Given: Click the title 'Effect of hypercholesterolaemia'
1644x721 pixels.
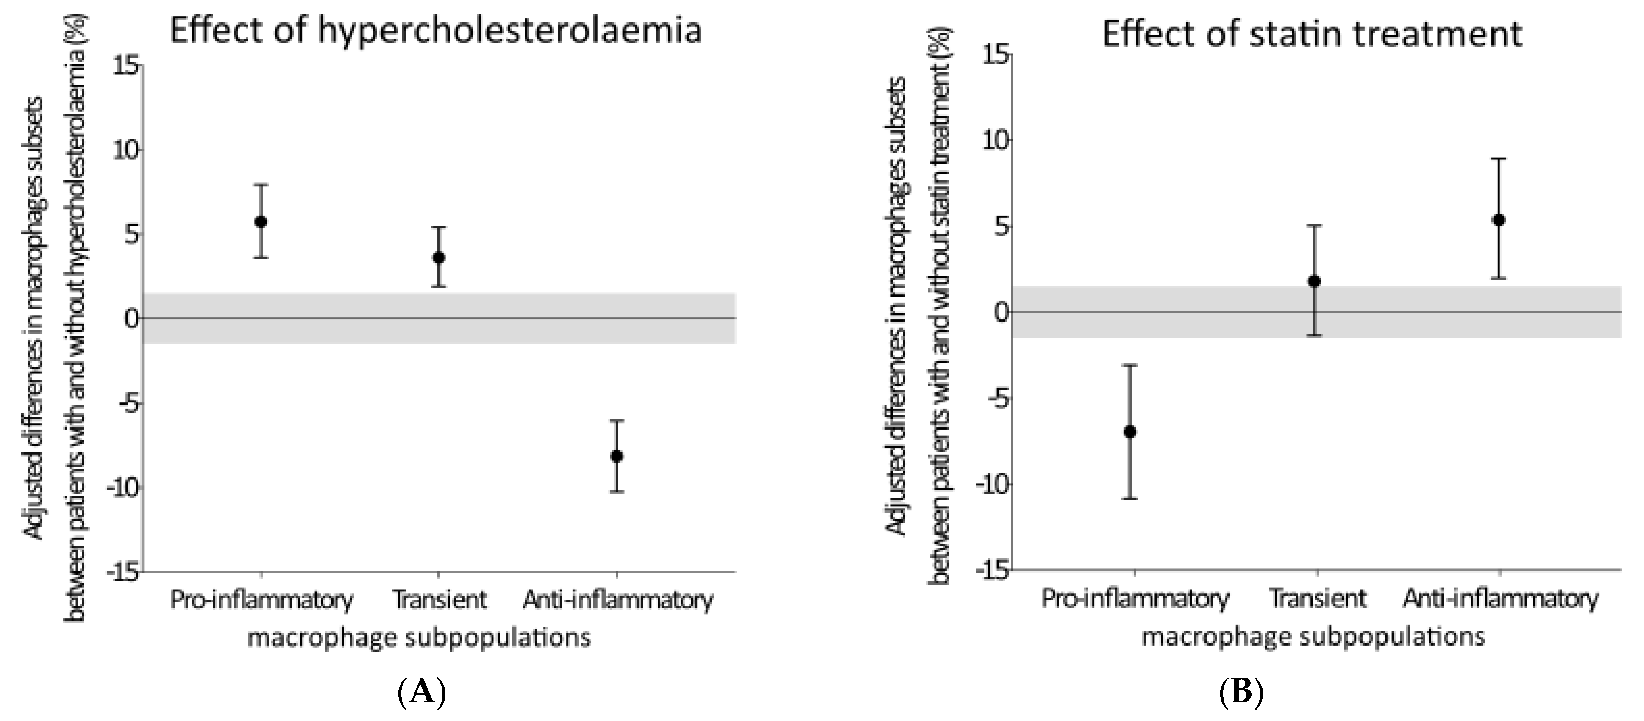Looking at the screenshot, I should click(436, 31).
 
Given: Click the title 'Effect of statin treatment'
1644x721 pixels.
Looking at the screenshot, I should click(1312, 33).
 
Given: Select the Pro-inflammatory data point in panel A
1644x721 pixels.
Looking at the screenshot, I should click(260, 222).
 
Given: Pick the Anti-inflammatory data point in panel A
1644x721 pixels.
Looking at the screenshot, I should click(617, 456).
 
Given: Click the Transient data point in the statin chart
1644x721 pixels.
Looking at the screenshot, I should click(1314, 281).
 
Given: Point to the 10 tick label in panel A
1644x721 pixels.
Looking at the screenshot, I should click(126, 150).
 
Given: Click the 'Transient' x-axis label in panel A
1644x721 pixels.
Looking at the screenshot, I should click(439, 600).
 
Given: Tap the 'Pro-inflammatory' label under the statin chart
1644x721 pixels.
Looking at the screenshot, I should click(1135, 599).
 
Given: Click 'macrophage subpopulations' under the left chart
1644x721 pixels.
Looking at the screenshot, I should click(419, 638).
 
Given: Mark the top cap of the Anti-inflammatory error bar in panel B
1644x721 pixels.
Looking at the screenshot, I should click(1499, 158).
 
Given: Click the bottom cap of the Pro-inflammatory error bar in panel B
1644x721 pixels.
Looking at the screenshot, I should click(1129, 498).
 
